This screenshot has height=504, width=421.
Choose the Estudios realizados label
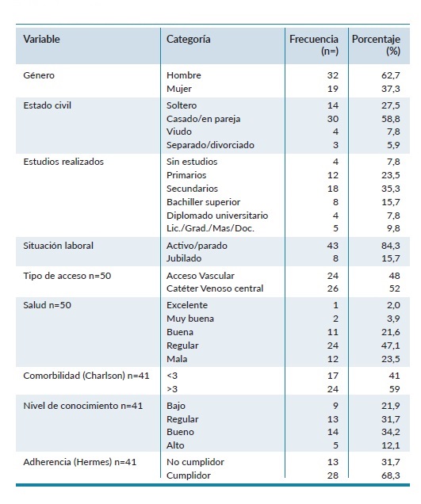(63, 162)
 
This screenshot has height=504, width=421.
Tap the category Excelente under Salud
(188, 304)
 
